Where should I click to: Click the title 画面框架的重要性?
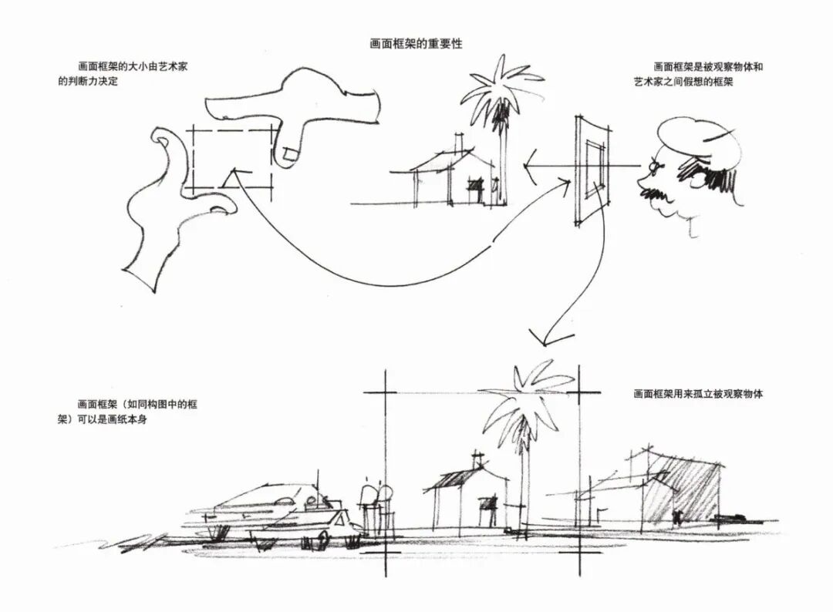click(416, 44)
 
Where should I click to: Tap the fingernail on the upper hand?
click(291, 156)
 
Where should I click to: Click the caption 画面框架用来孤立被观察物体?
click(698, 394)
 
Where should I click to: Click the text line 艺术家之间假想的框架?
click(683, 81)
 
